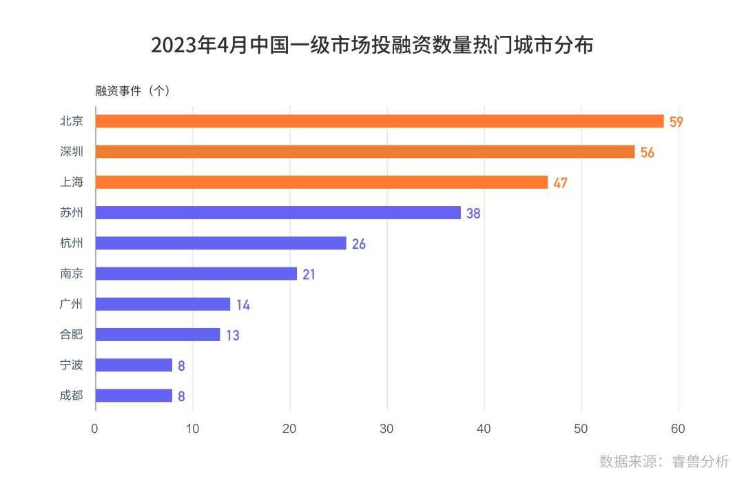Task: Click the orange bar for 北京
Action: point(379,121)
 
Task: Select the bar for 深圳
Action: point(365,152)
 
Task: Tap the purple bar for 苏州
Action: point(278,213)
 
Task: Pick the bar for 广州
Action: point(163,304)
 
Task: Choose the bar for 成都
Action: point(134,396)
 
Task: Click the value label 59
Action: point(676,122)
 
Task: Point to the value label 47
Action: point(560,183)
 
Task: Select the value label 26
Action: point(358,244)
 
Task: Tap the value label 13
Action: point(232,335)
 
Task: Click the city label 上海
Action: point(72,182)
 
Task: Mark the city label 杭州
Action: point(72,243)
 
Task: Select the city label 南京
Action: point(72,274)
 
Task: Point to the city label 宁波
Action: point(72,365)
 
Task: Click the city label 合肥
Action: point(72,334)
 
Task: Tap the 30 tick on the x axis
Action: point(387,429)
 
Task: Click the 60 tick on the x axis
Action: point(679,429)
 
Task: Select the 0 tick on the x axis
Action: point(95,429)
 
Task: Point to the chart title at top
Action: point(372,46)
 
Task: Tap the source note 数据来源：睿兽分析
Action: point(663,460)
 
